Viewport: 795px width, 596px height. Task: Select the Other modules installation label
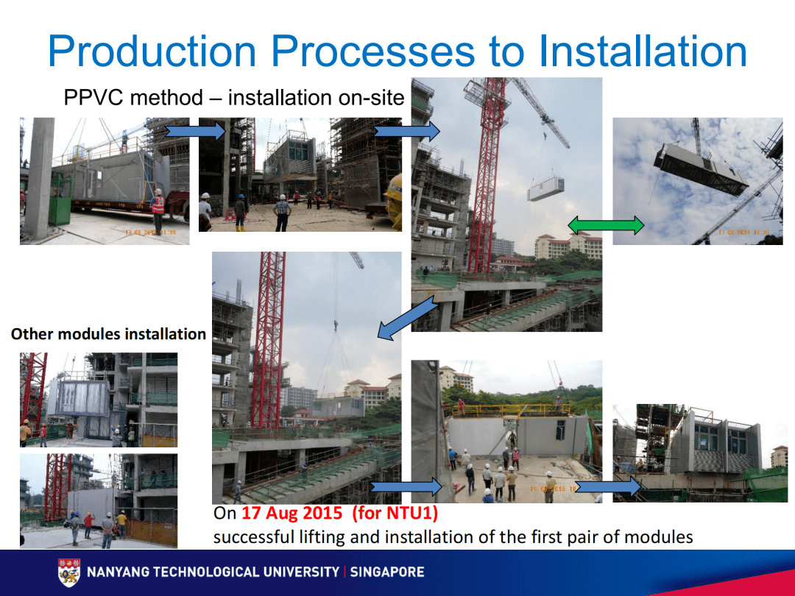tap(108, 334)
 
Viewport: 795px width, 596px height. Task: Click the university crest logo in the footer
tap(69, 572)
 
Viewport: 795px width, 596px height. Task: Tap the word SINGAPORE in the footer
tap(387, 572)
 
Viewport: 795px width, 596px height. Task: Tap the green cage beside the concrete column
tap(60, 199)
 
